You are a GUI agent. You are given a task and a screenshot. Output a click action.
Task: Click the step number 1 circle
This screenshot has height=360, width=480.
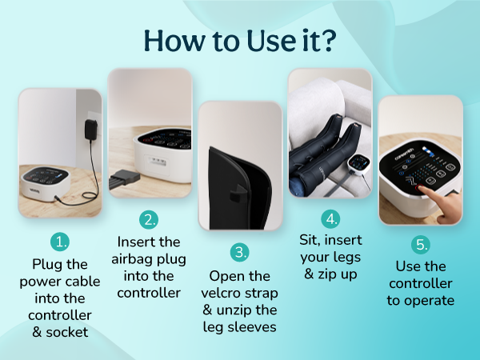click(x=60, y=242)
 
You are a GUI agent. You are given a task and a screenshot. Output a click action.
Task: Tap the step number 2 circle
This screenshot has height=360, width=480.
click(x=149, y=219)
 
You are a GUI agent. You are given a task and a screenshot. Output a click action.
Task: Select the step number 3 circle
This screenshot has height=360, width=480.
click(x=240, y=252)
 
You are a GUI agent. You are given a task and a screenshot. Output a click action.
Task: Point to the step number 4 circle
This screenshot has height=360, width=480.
click(x=330, y=219)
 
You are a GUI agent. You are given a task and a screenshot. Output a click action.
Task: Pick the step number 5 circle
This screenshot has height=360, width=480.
click(x=421, y=245)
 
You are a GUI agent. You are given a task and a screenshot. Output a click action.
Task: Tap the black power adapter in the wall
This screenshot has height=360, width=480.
click(x=91, y=130)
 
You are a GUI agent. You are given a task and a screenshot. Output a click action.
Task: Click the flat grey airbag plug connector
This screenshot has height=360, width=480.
click(x=124, y=179)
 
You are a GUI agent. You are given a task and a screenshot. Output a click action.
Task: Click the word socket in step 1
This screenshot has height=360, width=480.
click(x=66, y=332)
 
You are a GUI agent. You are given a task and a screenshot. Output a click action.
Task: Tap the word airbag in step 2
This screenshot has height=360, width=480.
click(x=134, y=259)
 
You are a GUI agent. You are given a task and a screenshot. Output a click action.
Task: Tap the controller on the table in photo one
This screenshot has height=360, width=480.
click(x=46, y=183)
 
